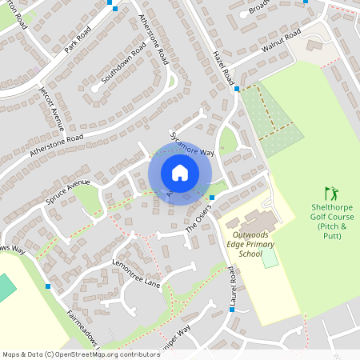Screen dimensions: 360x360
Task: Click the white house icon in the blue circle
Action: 180,172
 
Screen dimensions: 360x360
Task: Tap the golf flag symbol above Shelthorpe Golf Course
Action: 331,194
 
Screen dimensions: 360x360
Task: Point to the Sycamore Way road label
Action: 192,139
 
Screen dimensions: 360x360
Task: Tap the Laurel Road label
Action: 232,287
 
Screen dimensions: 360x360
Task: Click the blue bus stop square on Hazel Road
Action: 237,89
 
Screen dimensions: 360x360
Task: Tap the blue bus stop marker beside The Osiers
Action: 211,198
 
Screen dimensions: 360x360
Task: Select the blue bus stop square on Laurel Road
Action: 232,309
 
